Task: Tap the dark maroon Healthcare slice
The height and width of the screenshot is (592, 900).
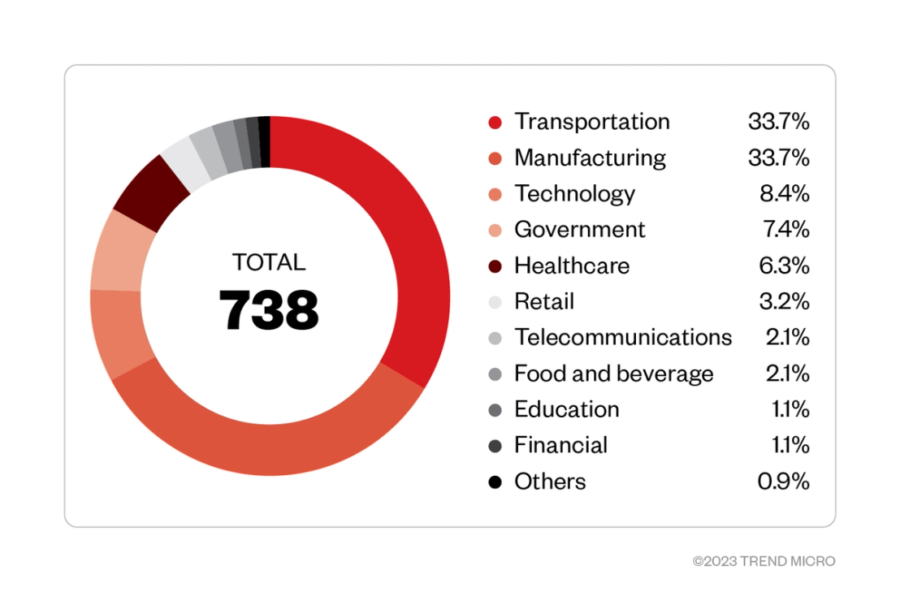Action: (x=150, y=192)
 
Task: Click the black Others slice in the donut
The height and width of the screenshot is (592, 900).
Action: (x=265, y=141)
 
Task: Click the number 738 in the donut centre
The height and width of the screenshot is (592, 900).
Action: (x=269, y=309)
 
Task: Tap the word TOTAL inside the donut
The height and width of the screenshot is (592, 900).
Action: (x=269, y=262)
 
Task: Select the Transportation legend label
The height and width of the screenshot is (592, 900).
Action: (x=592, y=122)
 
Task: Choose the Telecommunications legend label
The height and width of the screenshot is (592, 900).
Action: (x=623, y=337)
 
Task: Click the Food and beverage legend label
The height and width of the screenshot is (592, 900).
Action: (x=613, y=374)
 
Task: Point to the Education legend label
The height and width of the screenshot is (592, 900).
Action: (x=566, y=409)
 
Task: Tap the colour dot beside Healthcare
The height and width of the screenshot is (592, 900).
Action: (x=495, y=266)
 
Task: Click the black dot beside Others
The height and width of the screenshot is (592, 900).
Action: (x=495, y=482)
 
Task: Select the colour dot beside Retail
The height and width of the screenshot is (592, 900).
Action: (x=495, y=302)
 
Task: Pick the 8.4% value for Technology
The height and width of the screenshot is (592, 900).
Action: (x=784, y=194)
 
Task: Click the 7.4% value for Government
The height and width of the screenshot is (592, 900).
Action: (x=785, y=230)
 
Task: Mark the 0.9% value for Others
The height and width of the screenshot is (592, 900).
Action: (x=783, y=482)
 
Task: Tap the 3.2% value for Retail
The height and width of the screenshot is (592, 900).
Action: (x=784, y=302)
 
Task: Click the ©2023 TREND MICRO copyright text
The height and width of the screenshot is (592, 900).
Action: (x=764, y=561)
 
